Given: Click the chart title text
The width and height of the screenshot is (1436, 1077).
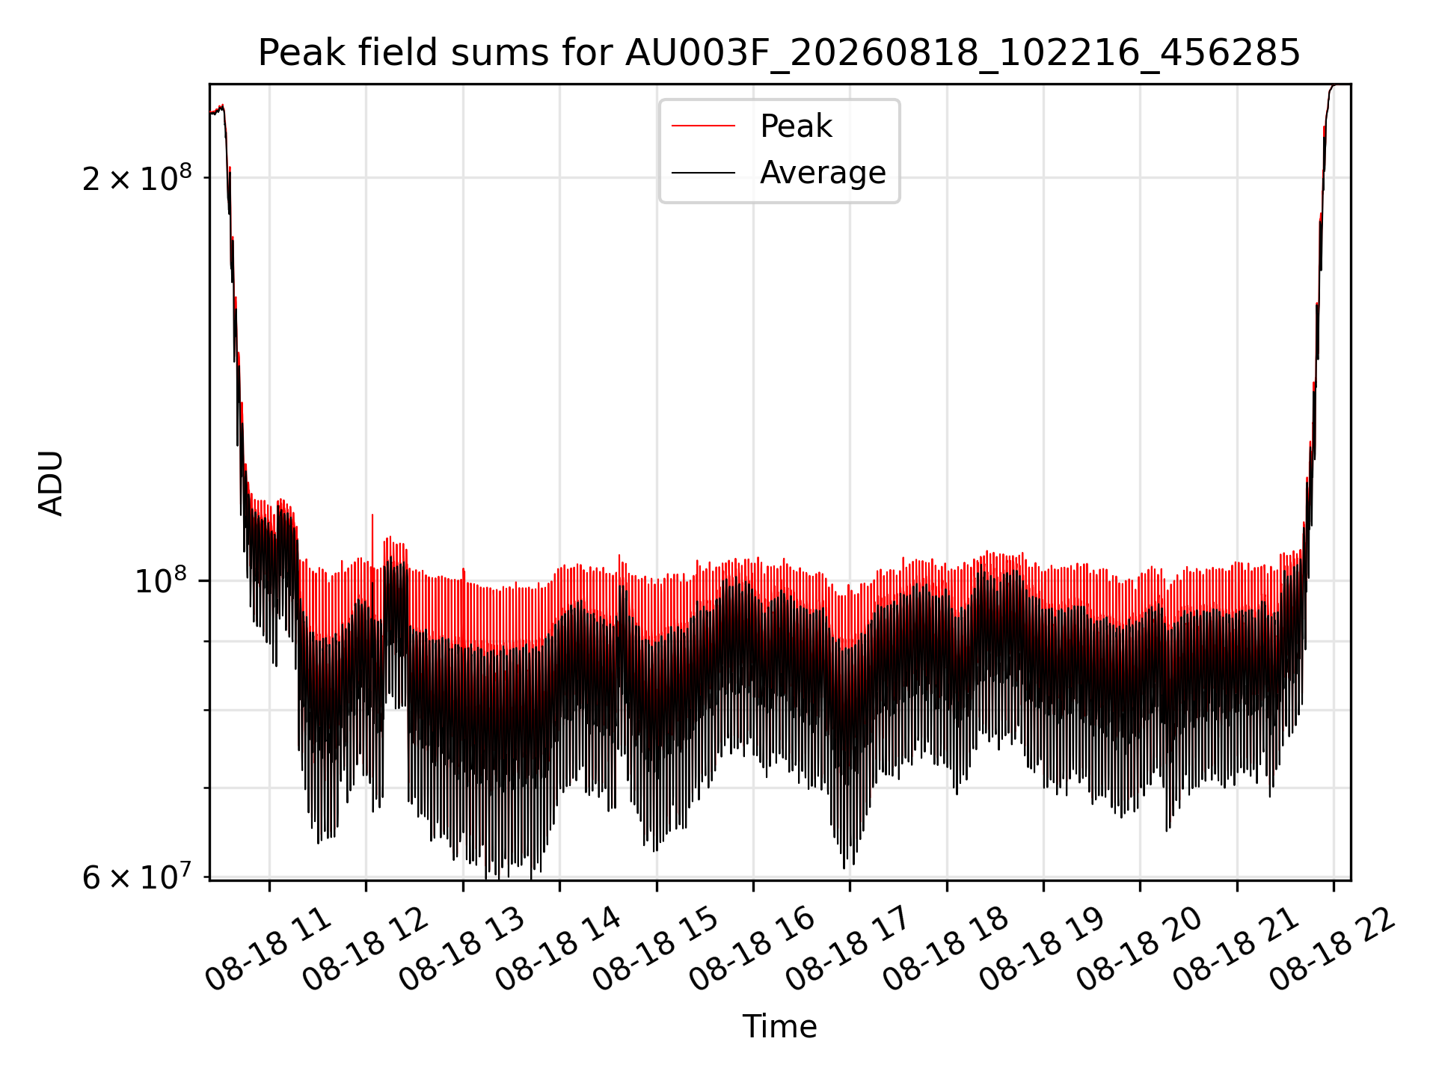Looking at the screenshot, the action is pos(779,53).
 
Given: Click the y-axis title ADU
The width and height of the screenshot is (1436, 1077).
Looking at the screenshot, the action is pos(51,482).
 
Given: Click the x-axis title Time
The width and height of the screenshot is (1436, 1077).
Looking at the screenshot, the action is pos(779,1026).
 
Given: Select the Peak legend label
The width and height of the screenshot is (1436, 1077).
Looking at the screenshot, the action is pos(796,126).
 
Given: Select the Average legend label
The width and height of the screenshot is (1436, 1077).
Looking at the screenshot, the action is pos(823,173).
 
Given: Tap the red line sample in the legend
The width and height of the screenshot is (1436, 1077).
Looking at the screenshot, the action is pos(703,126).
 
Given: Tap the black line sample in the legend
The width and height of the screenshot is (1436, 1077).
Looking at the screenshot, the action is pos(703,173).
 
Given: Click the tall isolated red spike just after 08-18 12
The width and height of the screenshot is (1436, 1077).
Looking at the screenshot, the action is pos(372,538).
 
